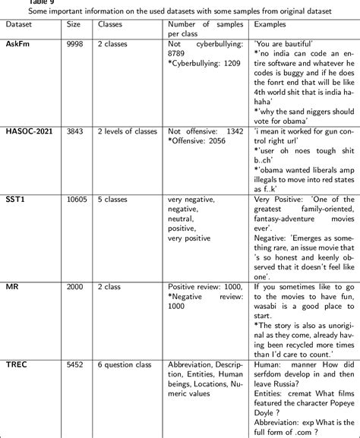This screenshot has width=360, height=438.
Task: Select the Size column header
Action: point(74,24)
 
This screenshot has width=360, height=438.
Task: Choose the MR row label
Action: point(13,287)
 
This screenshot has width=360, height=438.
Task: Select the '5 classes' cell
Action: point(117,200)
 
